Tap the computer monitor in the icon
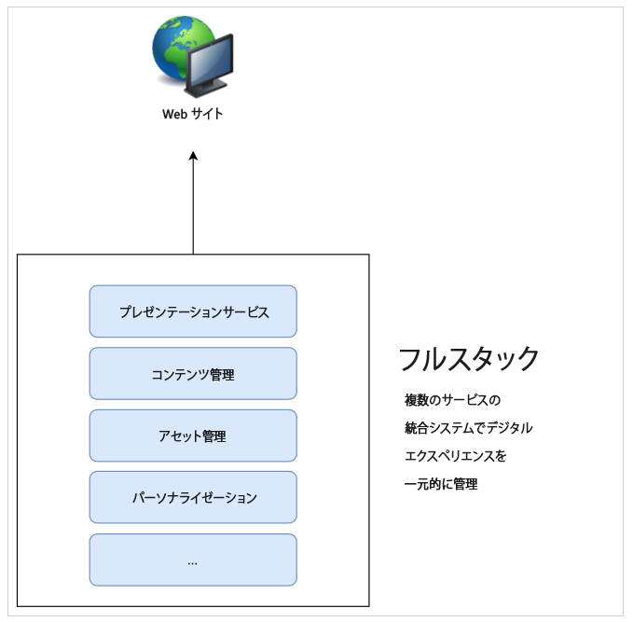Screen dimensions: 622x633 [211, 67]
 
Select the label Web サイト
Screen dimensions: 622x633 [193, 115]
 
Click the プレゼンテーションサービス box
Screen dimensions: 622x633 [193, 311]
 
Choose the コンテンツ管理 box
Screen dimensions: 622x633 [193, 374]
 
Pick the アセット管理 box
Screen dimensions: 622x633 [193, 435]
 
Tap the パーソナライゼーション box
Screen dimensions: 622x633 [193, 497]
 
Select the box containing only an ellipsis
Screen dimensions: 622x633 [193, 560]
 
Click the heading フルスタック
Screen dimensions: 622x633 [469, 359]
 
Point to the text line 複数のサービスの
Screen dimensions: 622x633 [452, 400]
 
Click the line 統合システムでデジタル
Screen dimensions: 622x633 [468, 428]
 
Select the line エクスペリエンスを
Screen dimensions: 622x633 [455, 456]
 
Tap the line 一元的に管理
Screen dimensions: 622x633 [441, 484]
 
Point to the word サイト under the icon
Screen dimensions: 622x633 [208, 115]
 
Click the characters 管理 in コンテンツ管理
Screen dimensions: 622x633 [222, 374]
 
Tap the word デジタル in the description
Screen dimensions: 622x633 [510, 428]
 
